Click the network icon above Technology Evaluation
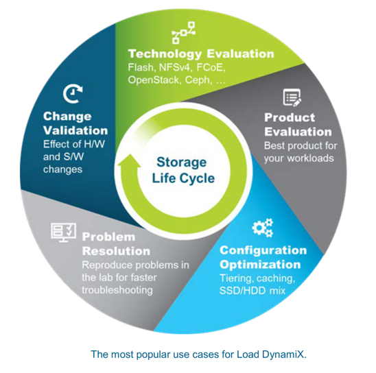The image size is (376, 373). [x=184, y=33]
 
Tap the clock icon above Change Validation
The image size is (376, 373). [x=73, y=93]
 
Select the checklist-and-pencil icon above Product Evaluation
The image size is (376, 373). [x=292, y=97]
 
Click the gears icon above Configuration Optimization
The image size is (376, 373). [x=263, y=228]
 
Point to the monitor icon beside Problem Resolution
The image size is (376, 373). [x=64, y=232]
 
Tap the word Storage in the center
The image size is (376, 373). [x=182, y=163]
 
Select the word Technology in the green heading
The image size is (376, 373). [x=165, y=54]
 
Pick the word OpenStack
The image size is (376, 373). [x=154, y=80]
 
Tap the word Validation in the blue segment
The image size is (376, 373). [x=75, y=130]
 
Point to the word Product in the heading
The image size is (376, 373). [x=290, y=118]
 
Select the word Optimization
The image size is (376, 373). [x=260, y=265]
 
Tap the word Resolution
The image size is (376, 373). [x=116, y=252]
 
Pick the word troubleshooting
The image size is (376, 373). [x=117, y=290]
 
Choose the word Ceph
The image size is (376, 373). [x=198, y=80]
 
